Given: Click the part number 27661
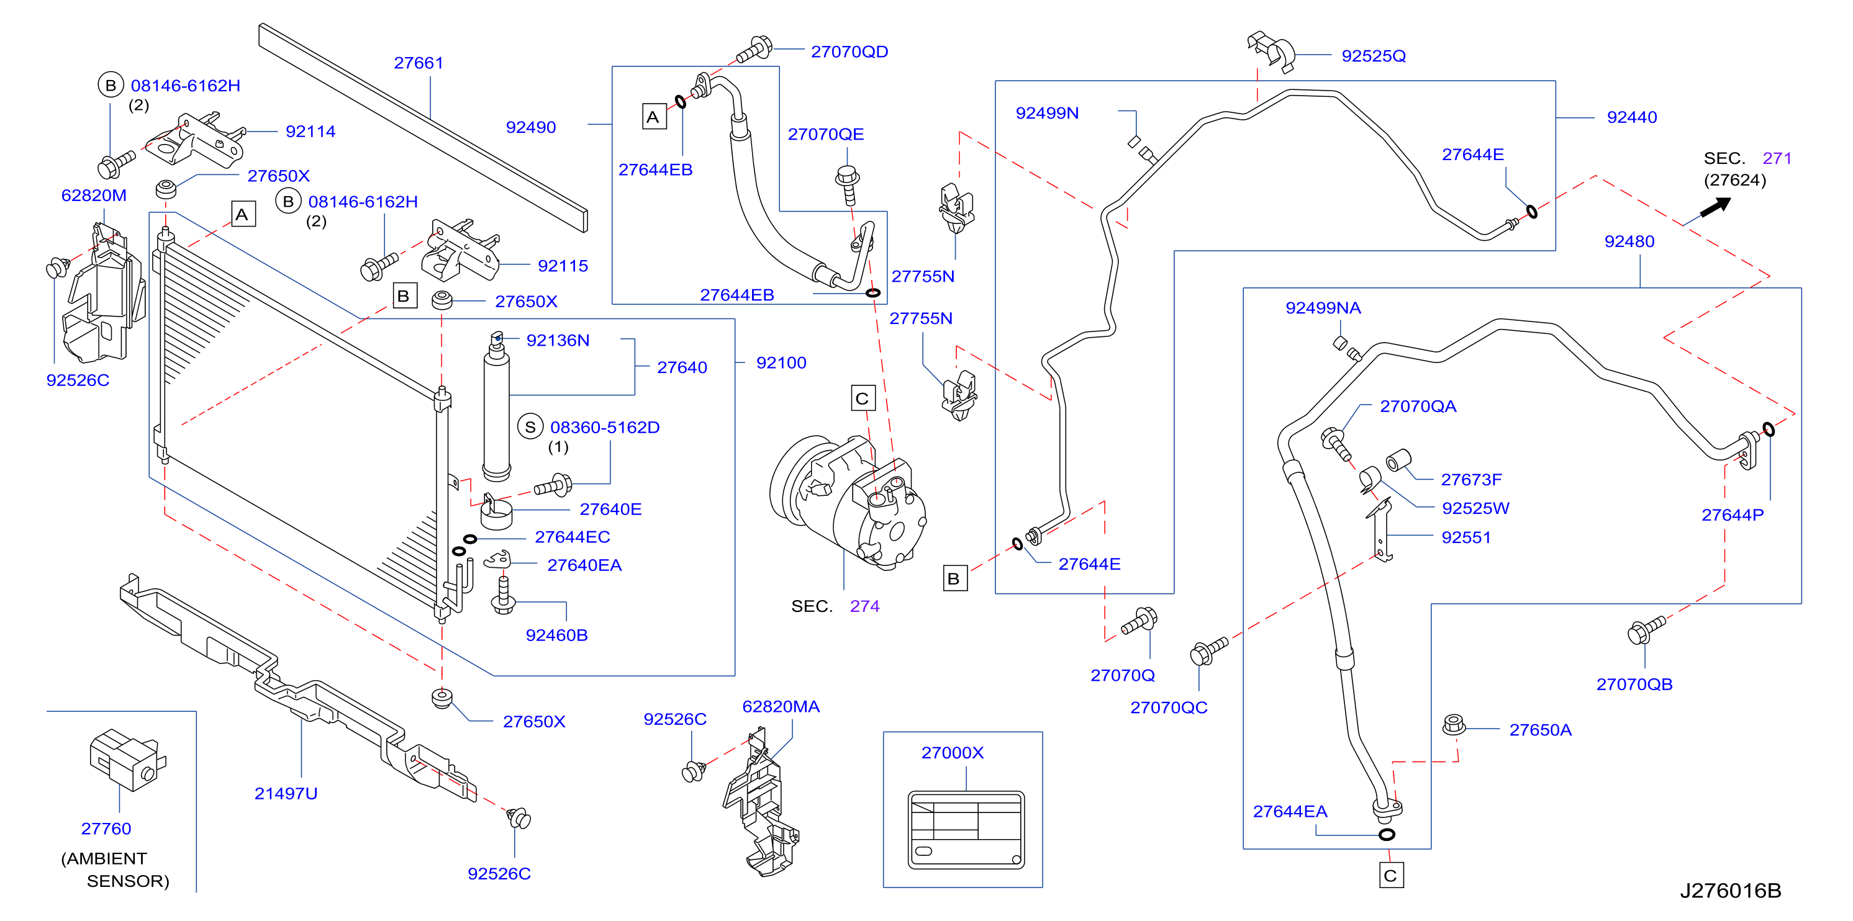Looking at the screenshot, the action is click(419, 63).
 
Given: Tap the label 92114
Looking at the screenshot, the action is click(310, 132).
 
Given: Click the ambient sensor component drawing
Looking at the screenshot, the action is click(127, 759).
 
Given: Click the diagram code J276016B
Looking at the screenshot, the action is click(1731, 891).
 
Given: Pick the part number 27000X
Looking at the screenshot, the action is click(953, 753).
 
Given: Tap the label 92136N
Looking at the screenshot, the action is click(558, 341).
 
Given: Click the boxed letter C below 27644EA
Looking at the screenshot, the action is click(1391, 876).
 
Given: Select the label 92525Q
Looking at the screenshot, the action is click(1373, 56).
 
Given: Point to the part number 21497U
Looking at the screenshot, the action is click(286, 794).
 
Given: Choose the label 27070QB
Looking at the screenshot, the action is click(1634, 685).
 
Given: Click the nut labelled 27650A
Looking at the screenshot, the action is click(1454, 725).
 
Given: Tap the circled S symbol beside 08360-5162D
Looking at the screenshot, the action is click(530, 427).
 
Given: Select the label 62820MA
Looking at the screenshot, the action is click(781, 707).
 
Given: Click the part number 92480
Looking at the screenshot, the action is click(1629, 241).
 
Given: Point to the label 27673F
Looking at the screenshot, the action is click(1471, 480).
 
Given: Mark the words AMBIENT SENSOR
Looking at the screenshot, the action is click(115, 870).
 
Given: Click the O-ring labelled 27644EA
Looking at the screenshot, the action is click(1387, 835).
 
